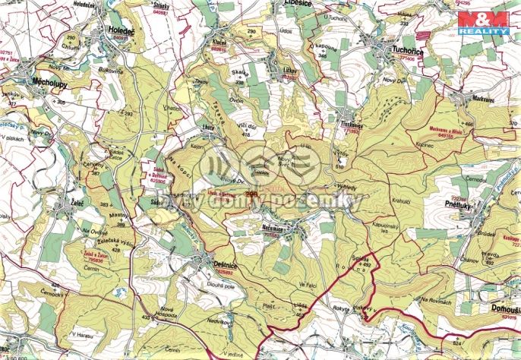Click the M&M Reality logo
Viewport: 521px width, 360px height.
[487, 24]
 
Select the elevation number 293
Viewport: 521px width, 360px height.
[127, 114]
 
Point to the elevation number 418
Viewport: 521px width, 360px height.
[245, 134]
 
